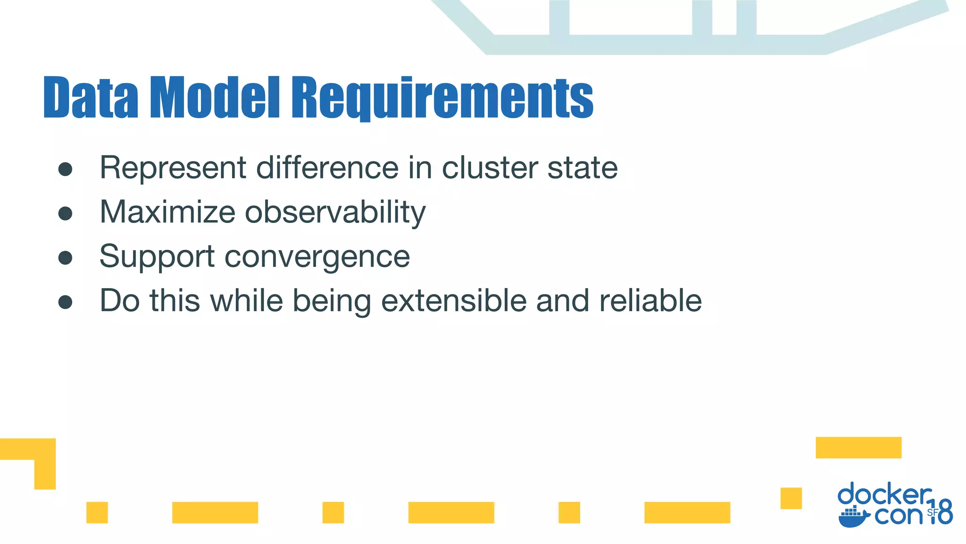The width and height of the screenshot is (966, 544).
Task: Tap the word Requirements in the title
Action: click(442, 98)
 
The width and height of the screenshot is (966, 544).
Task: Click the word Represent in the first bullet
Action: click(173, 168)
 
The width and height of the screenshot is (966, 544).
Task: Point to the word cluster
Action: click(490, 168)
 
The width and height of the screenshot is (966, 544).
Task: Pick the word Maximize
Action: click(167, 212)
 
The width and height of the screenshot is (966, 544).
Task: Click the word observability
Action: click(335, 212)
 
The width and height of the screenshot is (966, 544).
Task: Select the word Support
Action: click(157, 256)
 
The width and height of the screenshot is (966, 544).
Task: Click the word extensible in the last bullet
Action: click(453, 300)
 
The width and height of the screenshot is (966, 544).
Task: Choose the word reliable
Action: click(650, 300)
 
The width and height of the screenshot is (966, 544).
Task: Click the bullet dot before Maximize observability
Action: click(65, 213)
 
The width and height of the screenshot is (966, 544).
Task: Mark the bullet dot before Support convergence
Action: click(65, 258)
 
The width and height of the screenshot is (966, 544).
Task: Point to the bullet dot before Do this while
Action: click(65, 302)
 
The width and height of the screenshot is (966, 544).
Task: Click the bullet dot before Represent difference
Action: click(65, 169)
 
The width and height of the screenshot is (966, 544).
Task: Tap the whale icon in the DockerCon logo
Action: click(853, 517)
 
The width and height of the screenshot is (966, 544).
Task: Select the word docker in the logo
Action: click(884, 494)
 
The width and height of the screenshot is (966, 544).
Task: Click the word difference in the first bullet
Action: click(327, 168)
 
